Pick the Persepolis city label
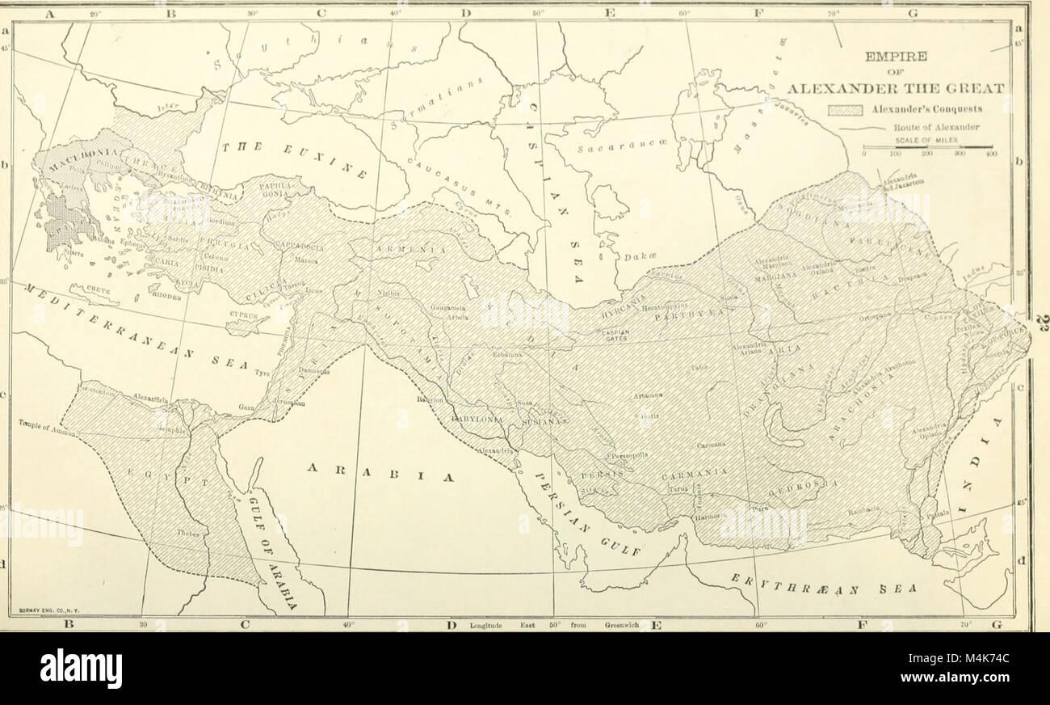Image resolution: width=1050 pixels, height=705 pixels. [626, 455]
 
